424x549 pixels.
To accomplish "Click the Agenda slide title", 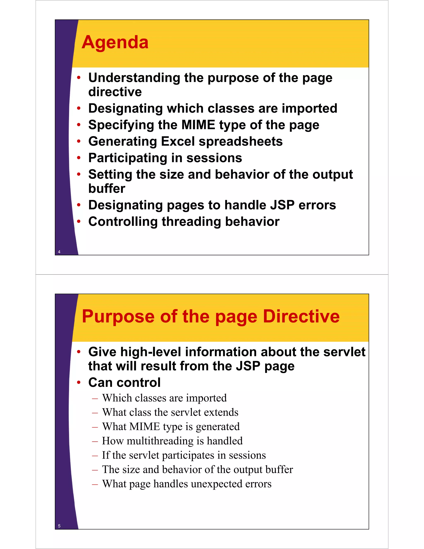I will click(x=115, y=42).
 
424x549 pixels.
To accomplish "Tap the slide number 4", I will click(x=59, y=252).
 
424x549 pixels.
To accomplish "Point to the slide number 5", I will click(x=59, y=526).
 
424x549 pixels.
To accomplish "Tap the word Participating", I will click(x=128, y=158).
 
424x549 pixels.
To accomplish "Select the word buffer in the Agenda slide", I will click(x=107, y=189).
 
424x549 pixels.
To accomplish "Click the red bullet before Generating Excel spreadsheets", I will click(x=79, y=141).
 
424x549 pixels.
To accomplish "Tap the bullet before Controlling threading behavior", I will click(x=79, y=221).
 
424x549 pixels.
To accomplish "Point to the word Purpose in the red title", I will click(x=118, y=317).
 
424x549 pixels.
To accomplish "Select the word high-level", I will click(x=151, y=352).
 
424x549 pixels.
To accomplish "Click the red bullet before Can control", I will click(x=79, y=382).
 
